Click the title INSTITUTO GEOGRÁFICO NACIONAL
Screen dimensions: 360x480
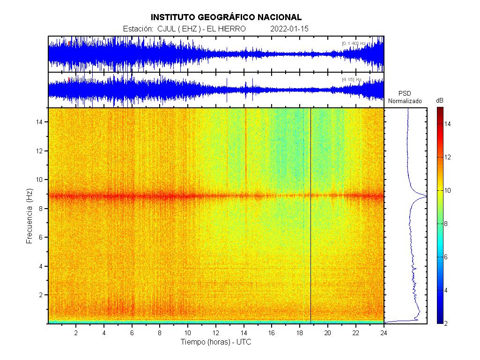pos(226,17)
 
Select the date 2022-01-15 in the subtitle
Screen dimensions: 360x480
pos(289,29)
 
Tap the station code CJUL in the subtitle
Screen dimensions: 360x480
pos(167,29)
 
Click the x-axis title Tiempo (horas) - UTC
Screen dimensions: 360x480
pos(216,342)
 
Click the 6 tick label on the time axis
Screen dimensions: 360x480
pos(132,332)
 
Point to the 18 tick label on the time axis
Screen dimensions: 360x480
pos(300,332)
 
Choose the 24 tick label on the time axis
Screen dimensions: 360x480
pos(384,332)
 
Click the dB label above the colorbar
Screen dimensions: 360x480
pos(440,101)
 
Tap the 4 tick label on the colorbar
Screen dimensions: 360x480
pos(447,290)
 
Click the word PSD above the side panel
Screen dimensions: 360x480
pos(405,93)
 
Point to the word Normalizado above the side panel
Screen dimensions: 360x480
pos(405,101)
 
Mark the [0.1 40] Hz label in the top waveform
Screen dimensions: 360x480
pos(354,44)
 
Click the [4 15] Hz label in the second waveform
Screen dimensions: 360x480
pos(352,80)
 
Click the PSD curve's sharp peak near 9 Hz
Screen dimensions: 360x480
pos(425,196)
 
